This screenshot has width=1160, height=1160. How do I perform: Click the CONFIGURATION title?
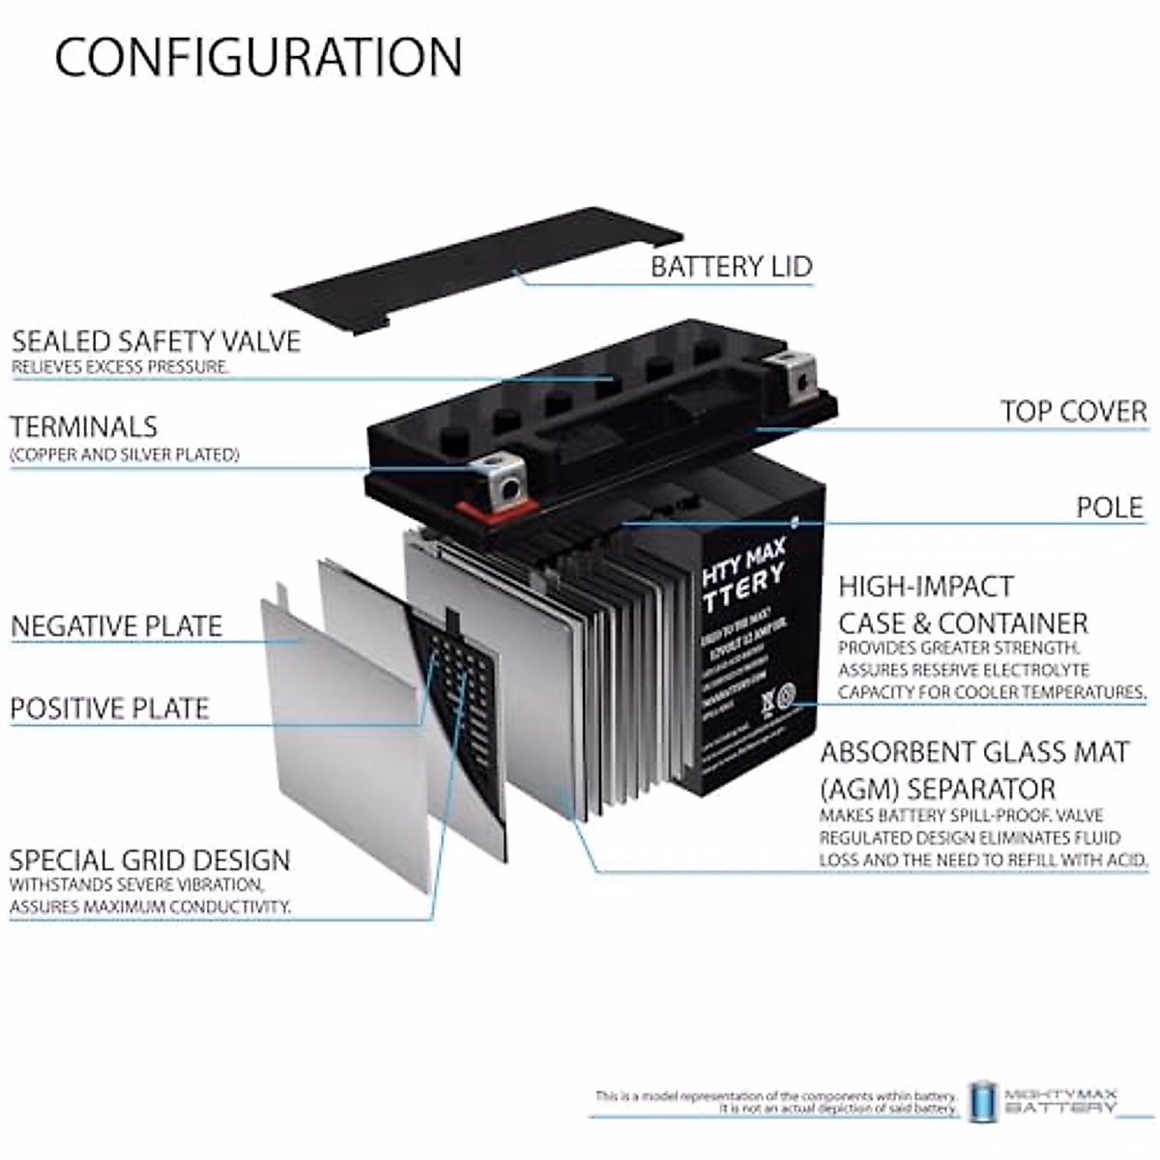[258, 57]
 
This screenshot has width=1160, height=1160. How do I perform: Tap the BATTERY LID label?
[731, 266]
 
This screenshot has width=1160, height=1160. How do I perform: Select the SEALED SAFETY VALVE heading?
[157, 341]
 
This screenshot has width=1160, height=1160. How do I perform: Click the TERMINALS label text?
[84, 426]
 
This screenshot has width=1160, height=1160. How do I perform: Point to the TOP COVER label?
[1074, 411]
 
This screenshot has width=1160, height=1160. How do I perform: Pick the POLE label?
[1110, 507]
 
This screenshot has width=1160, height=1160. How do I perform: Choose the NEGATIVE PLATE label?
[117, 625]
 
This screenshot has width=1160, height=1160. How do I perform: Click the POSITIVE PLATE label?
[110, 709]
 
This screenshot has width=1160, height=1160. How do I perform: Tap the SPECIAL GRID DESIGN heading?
[150, 860]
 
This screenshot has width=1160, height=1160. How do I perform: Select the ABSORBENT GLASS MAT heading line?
[974, 752]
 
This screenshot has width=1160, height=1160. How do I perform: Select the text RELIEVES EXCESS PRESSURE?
[121, 367]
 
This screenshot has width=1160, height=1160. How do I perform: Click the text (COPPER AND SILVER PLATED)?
[125, 454]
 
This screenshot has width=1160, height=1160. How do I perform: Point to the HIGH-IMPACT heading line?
[926, 586]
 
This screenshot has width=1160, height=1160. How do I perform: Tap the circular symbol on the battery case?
[785, 695]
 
